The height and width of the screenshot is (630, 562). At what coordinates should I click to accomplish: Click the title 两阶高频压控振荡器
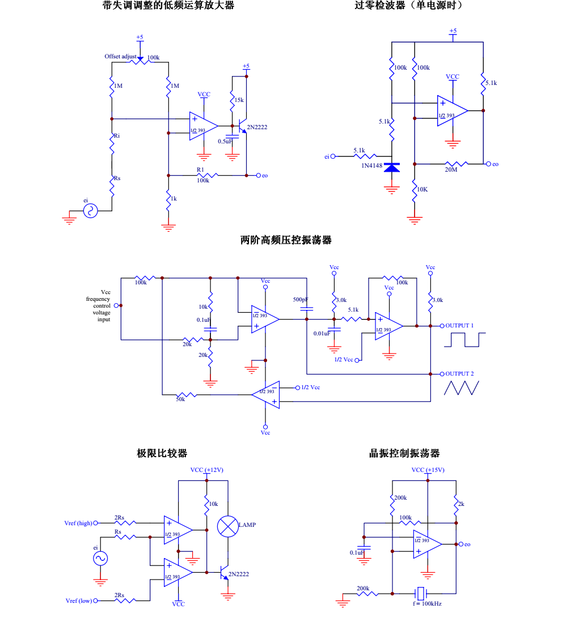pyautogui.click(x=286, y=240)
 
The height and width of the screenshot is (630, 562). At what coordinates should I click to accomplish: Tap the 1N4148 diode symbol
pyautogui.click(x=392, y=167)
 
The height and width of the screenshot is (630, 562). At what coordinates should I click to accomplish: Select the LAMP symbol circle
pyautogui.click(x=228, y=526)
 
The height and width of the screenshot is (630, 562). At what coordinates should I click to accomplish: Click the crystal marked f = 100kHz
pyautogui.click(x=420, y=594)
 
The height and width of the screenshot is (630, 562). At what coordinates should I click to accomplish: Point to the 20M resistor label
pyautogui.click(x=451, y=170)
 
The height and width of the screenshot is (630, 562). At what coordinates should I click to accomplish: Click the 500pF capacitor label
pyautogui.click(x=301, y=299)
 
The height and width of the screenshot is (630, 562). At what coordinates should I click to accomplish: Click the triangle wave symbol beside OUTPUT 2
pyautogui.click(x=462, y=388)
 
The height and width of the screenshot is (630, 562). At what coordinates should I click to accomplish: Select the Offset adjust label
pyautogui.click(x=120, y=57)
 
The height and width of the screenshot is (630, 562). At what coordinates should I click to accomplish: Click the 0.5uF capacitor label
pyautogui.click(x=225, y=141)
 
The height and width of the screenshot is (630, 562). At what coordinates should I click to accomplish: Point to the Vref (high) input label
pyautogui.click(x=78, y=523)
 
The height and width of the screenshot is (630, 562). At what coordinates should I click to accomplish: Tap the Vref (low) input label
pyautogui.click(x=78, y=601)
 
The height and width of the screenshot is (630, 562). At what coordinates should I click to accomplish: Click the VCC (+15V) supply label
pyautogui.click(x=428, y=470)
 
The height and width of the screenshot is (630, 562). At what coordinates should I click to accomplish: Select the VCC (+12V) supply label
pyautogui.click(x=206, y=470)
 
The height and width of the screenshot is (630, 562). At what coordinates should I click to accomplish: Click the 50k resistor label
pyautogui.click(x=180, y=399)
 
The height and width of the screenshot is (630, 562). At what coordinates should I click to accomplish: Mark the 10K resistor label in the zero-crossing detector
pyautogui.click(x=422, y=189)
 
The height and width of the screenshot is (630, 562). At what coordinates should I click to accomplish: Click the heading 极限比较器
pyautogui.click(x=162, y=453)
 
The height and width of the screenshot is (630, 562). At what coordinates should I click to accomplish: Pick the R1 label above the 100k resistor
pyautogui.click(x=200, y=169)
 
